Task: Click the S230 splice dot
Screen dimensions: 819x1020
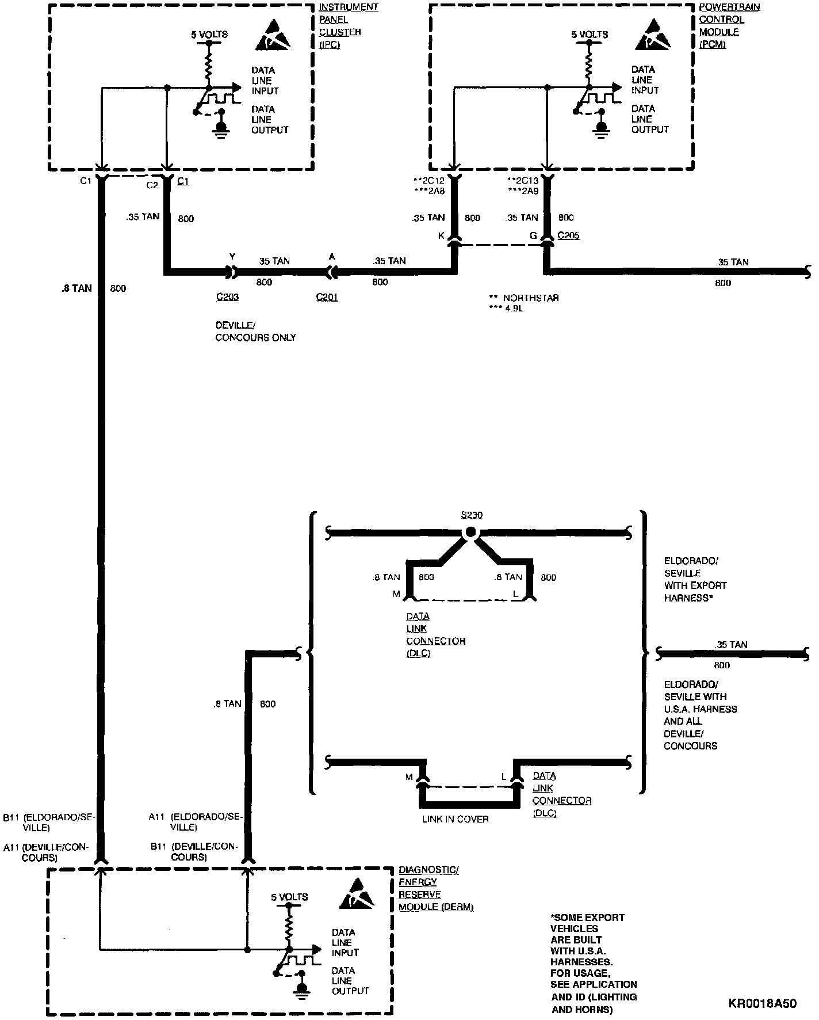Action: (x=470, y=533)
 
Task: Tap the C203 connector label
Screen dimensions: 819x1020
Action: (x=227, y=297)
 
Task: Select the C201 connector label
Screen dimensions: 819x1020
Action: (x=327, y=297)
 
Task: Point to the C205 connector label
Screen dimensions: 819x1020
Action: (x=568, y=235)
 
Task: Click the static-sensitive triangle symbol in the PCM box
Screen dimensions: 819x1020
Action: (x=654, y=35)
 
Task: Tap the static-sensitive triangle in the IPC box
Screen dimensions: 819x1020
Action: (x=274, y=36)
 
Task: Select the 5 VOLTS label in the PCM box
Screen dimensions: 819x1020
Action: (x=589, y=35)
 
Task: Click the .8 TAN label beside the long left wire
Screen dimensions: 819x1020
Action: (x=76, y=288)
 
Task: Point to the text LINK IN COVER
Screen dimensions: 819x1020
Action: (x=456, y=819)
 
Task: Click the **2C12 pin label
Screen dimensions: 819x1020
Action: (x=428, y=181)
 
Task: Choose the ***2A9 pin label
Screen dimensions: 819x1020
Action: (x=523, y=191)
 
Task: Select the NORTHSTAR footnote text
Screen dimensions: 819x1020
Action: (x=523, y=298)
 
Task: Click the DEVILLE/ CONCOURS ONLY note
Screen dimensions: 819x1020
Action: (x=255, y=331)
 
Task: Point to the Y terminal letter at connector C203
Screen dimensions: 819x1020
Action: (x=232, y=256)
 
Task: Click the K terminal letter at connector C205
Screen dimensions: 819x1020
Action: (x=442, y=236)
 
